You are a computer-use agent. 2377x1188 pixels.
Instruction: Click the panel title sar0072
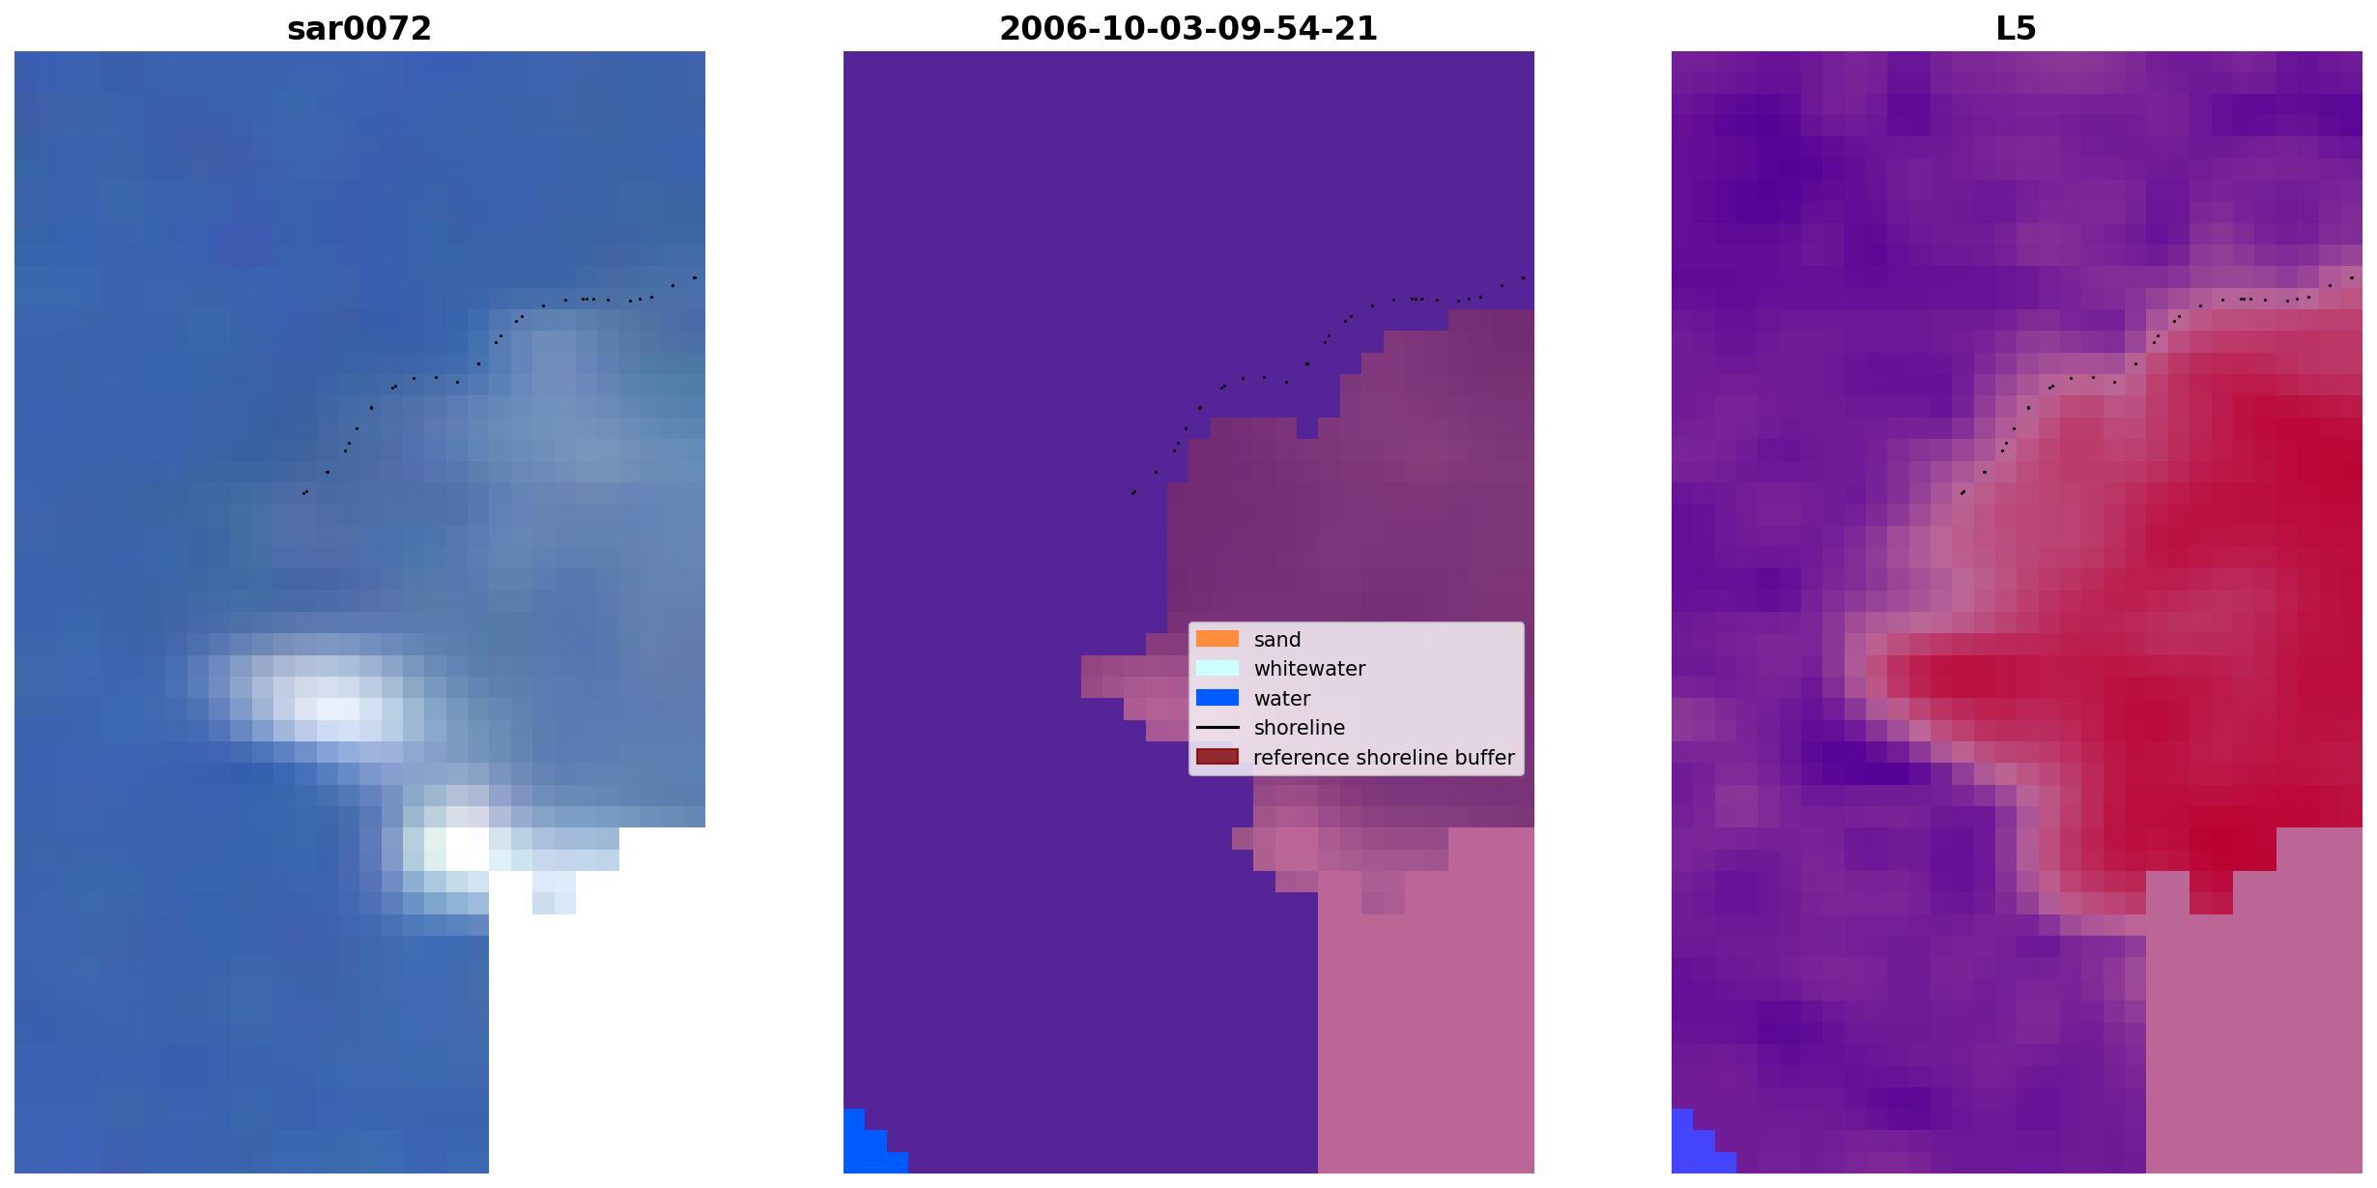click(359, 29)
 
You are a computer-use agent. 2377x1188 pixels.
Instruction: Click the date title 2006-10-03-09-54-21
click(1188, 29)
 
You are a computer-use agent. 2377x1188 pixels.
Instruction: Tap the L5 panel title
click(2017, 29)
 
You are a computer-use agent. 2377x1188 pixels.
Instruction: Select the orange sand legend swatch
click(1217, 639)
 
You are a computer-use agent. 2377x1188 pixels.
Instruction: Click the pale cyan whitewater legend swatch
click(1217, 668)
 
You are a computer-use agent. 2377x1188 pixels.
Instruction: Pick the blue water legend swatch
click(1217, 698)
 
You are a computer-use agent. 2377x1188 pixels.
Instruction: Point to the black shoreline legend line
click(1217, 727)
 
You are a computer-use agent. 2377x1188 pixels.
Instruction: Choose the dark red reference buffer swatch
click(1217, 757)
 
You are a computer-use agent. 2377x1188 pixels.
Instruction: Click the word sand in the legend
click(1277, 640)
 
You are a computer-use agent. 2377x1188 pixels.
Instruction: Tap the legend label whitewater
click(1309, 669)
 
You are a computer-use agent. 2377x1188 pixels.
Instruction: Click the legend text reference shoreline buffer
click(1384, 758)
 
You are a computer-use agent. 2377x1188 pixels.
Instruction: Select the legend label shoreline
click(1300, 728)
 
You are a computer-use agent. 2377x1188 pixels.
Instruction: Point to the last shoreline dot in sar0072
click(695, 277)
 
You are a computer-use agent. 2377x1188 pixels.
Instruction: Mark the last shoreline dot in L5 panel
click(2352, 277)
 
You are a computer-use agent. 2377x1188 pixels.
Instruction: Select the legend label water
click(1282, 699)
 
